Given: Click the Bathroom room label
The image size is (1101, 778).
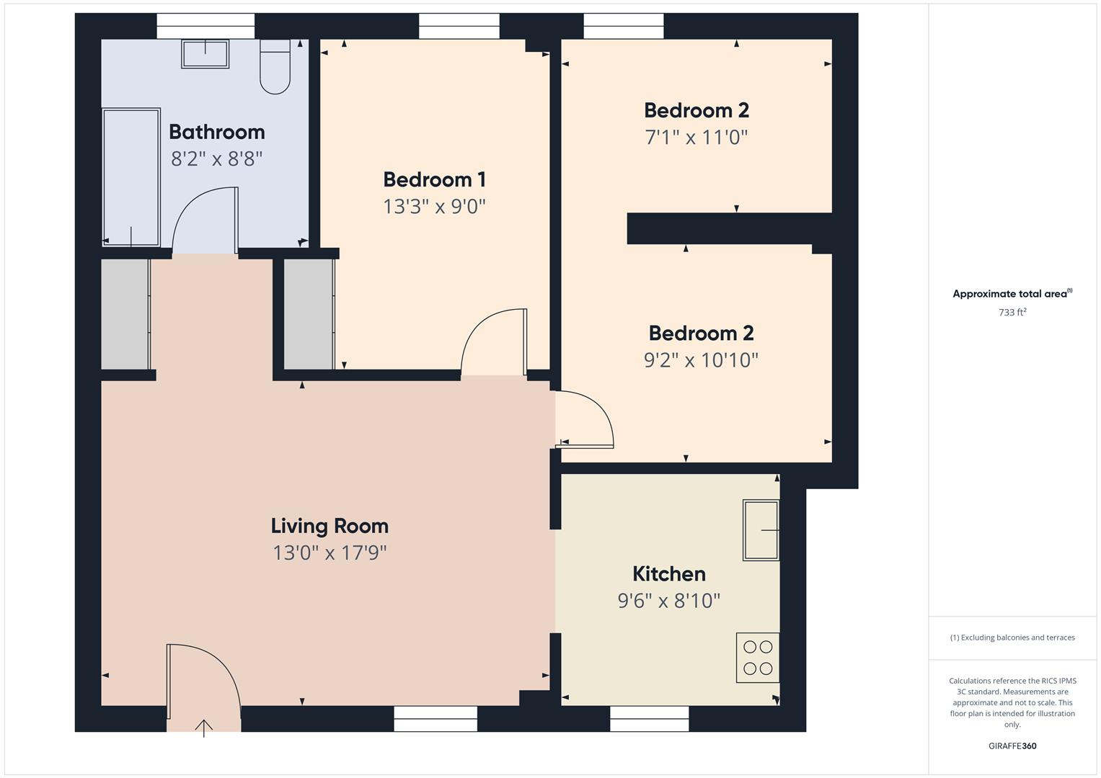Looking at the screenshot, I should click(216, 132).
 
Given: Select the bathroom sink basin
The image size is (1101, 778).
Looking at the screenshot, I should click(205, 54).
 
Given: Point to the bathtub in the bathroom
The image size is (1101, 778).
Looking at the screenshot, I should click(131, 177).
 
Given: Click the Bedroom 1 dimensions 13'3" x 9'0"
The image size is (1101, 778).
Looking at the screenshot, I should click(434, 207).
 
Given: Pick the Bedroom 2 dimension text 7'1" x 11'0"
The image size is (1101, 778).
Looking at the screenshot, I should click(696, 137).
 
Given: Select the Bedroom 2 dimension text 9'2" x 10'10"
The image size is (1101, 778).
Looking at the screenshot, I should click(701, 359).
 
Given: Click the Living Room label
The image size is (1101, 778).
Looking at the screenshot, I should click(330, 526).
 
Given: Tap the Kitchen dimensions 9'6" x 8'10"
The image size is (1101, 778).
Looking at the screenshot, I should click(668, 600).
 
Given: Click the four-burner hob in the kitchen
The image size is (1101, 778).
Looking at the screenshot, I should click(758, 658).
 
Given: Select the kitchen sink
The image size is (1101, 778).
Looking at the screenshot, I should click(761, 530).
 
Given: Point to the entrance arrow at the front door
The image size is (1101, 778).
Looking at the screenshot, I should click(204, 728).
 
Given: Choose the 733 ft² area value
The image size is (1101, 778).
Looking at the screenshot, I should click(1012, 313).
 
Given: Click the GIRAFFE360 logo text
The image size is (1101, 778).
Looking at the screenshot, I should click(1012, 746).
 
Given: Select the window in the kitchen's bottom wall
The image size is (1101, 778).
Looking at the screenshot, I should click(649, 718).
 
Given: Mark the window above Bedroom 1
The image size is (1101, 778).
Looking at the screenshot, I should click(459, 27).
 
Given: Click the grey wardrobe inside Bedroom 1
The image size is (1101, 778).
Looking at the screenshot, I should click(309, 314).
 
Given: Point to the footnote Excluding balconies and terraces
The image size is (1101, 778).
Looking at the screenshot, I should click(1012, 638).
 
